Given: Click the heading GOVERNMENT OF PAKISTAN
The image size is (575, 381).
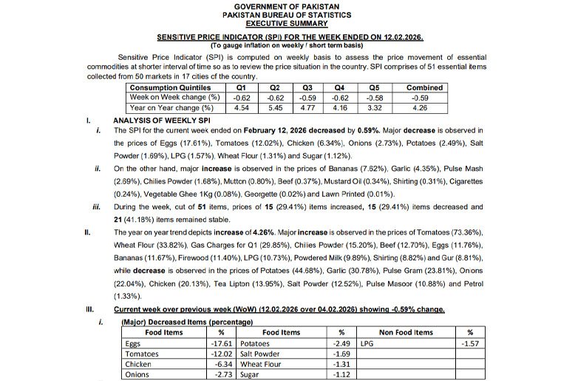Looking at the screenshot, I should pyautogui.click(x=287, y=6).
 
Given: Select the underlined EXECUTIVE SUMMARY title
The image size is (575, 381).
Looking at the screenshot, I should pyautogui.click(x=287, y=23).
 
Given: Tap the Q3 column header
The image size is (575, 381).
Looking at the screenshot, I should pyautogui.click(x=308, y=87).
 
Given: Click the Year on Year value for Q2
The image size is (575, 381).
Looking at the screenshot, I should pyautogui.click(x=275, y=107).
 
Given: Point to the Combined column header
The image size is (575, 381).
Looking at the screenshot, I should pyautogui.click(x=424, y=87).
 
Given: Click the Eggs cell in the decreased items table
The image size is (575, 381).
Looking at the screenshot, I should pyautogui.click(x=134, y=344).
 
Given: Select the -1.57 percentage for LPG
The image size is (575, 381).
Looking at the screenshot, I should pyautogui.click(x=470, y=344).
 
